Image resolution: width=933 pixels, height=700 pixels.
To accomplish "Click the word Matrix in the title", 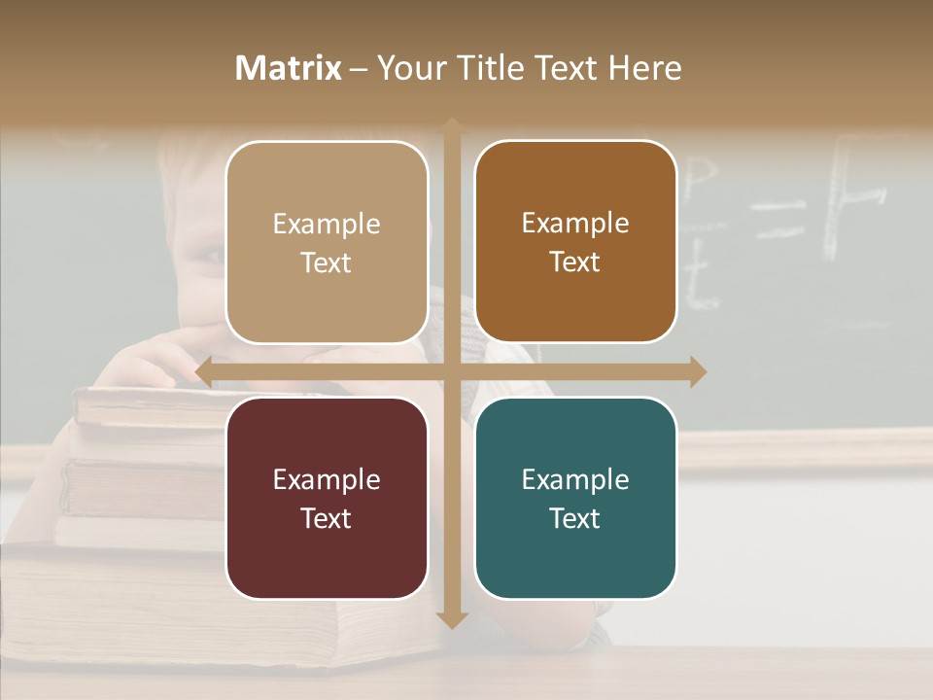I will pos(289,68).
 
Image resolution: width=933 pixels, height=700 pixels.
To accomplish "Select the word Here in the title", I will pos(644,68).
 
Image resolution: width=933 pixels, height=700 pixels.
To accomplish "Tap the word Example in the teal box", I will pos(575,479).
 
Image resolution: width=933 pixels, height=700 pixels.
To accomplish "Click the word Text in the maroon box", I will pos(327,518).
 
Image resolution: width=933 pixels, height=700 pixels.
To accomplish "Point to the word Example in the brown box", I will pos(575,223).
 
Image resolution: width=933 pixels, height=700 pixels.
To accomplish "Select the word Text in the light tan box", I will pos(327,262).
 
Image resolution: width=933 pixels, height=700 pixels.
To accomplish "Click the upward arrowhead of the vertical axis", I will pos(452,125).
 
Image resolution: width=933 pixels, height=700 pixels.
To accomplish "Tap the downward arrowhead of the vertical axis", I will pos(452,620).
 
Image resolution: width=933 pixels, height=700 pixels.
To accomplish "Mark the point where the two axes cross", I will pos(452,372).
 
